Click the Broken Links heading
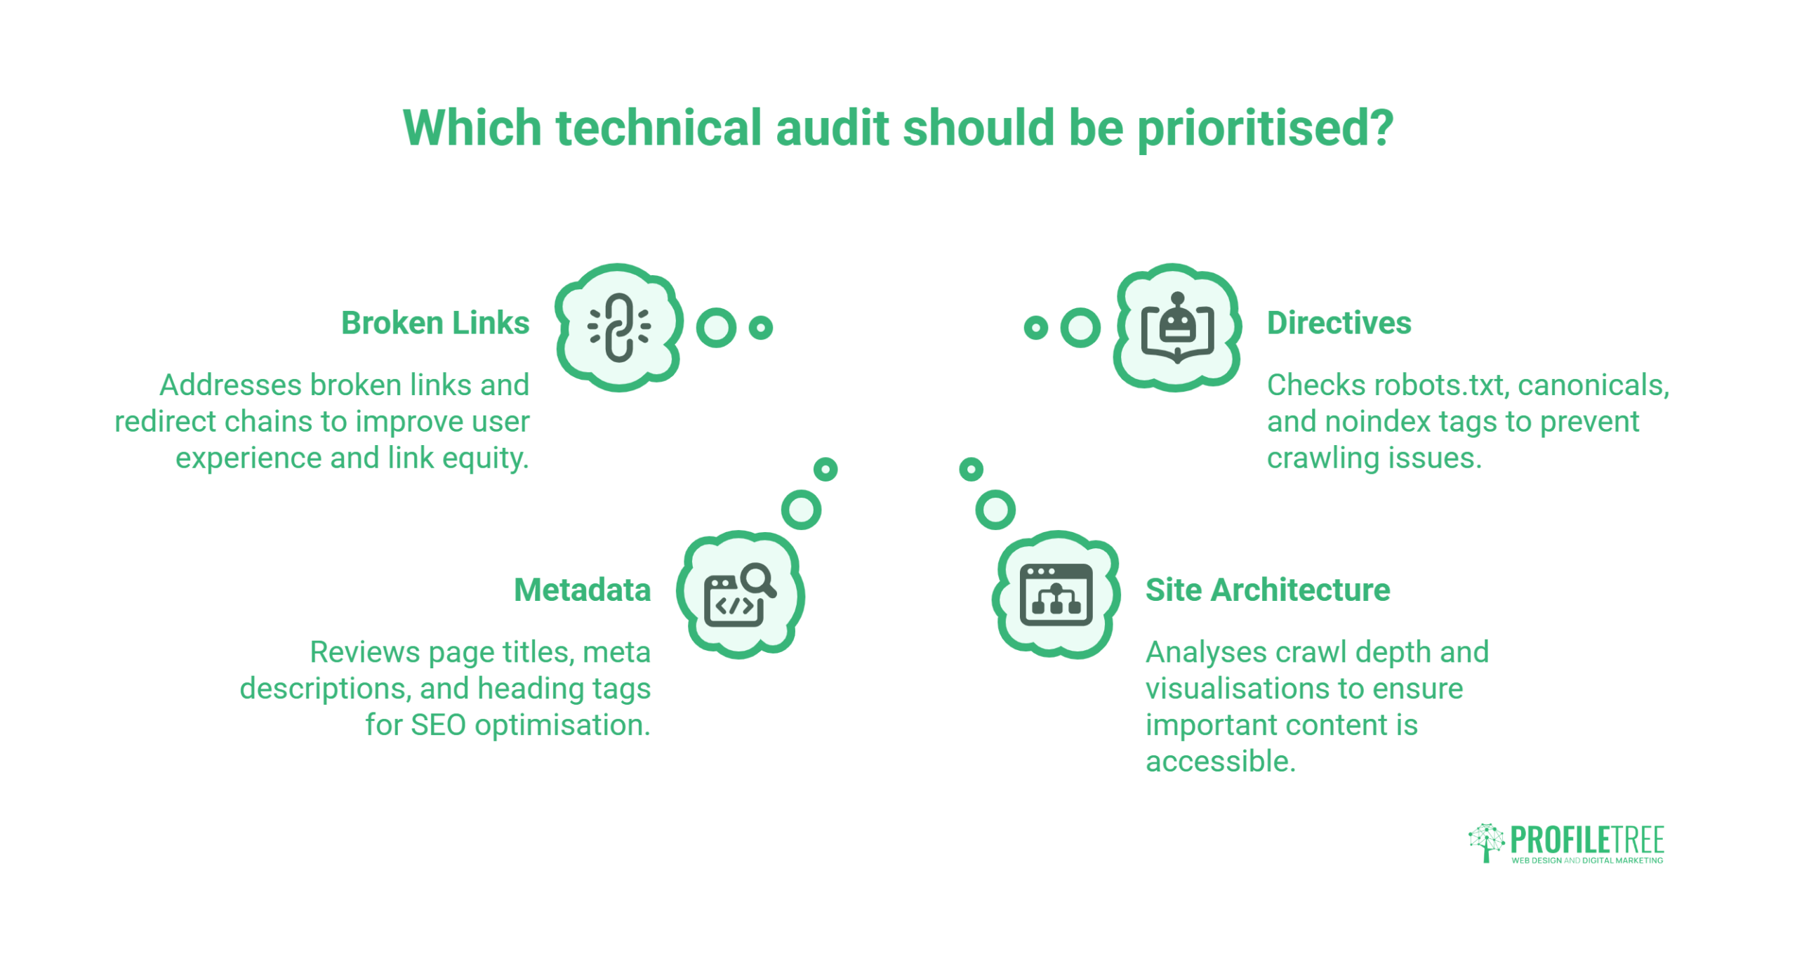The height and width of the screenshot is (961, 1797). point(435,323)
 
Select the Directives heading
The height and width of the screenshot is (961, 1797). point(1339,323)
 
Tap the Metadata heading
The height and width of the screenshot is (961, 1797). point(583,590)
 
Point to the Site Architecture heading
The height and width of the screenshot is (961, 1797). point(1268,590)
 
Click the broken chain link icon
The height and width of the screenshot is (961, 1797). point(619,328)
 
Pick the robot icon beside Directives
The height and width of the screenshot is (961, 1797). point(1177,328)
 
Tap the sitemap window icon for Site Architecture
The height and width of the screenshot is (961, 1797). point(1056,595)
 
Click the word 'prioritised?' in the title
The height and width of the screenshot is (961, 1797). point(1265,129)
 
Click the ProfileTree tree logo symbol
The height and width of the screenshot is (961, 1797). point(1486,843)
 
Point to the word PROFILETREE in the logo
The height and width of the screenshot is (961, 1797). point(1587,840)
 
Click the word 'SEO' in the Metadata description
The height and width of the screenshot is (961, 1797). point(438,725)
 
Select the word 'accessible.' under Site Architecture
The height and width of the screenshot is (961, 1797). point(1221,762)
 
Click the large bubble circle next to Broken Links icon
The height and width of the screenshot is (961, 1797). point(716,328)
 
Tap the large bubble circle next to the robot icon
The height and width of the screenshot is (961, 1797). point(1080,328)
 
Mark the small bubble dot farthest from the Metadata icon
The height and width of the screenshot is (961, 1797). point(825,469)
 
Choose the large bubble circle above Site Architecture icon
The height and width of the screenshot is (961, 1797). point(995,510)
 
